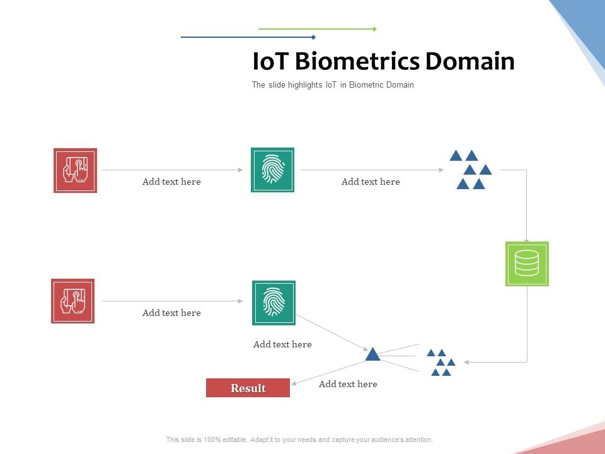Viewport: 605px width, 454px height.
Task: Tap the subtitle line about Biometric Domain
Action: tap(333, 85)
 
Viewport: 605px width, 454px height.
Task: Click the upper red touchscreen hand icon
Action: tap(76, 170)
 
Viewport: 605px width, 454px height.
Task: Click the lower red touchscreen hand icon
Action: tap(73, 301)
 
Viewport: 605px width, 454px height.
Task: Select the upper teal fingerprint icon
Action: tap(272, 170)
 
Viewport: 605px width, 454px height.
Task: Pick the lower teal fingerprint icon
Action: tap(274, 303)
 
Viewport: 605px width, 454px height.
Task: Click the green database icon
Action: tap(527, 264)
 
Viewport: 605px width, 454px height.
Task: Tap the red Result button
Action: tap(248, 388)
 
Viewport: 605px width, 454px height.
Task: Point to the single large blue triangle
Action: tap(373, 355)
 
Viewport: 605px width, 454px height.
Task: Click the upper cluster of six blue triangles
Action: tap(471, 170)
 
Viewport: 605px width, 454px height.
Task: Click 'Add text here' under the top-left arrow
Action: tap(171, 182)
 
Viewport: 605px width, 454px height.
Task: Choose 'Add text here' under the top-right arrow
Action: tap(371, 182)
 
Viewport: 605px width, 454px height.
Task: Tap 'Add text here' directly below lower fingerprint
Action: tap(282, 344)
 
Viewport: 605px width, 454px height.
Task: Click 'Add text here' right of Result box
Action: tap(348, 384)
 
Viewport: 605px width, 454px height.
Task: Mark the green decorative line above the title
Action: tap(317, 29)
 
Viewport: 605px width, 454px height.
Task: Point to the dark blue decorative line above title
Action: tap(248, 37)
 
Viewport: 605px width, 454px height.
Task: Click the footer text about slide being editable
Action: tap(299, 439)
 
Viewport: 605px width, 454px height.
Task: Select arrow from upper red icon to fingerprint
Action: tap(172, 170)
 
